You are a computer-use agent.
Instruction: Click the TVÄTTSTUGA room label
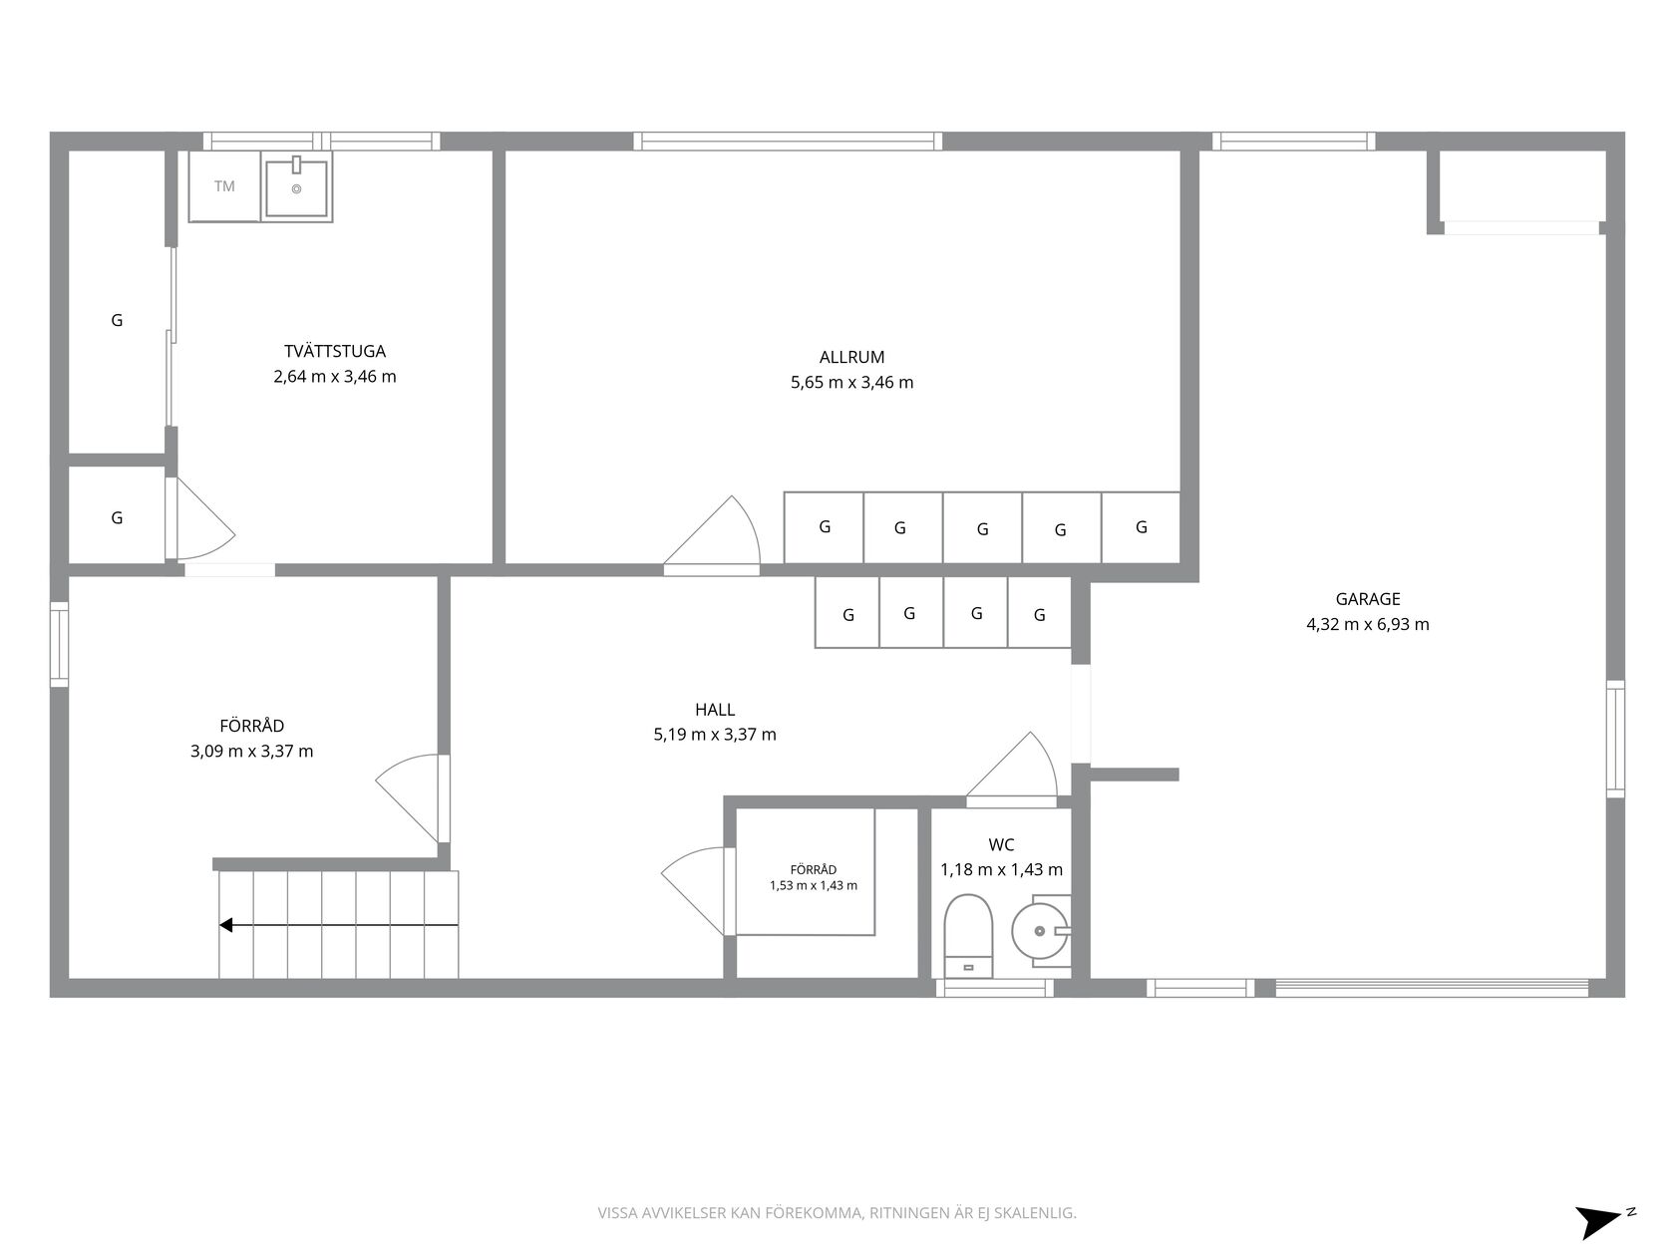tap(335, 351)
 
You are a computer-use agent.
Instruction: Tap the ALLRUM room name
tap(851, 357)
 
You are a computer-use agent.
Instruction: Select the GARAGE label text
tap(1368, 599)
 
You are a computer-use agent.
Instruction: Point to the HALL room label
tap(715, 709)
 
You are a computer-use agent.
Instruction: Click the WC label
tap(1001, 844)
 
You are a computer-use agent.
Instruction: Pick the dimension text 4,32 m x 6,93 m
tap(1368, 625)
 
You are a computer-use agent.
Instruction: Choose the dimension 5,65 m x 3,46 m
tap(851, 382)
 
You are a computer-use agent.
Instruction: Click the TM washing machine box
tap(224, 186)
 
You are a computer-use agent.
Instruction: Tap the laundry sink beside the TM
tap(297, 186)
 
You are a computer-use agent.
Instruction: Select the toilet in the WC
tap(968, 936)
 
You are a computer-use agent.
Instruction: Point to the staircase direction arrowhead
tap(226, 925)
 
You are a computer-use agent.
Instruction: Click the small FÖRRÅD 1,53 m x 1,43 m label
tap(814, 877)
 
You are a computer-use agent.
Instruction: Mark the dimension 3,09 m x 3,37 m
tap(252, 752)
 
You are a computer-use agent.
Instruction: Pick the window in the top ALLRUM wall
tap(788, 142)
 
